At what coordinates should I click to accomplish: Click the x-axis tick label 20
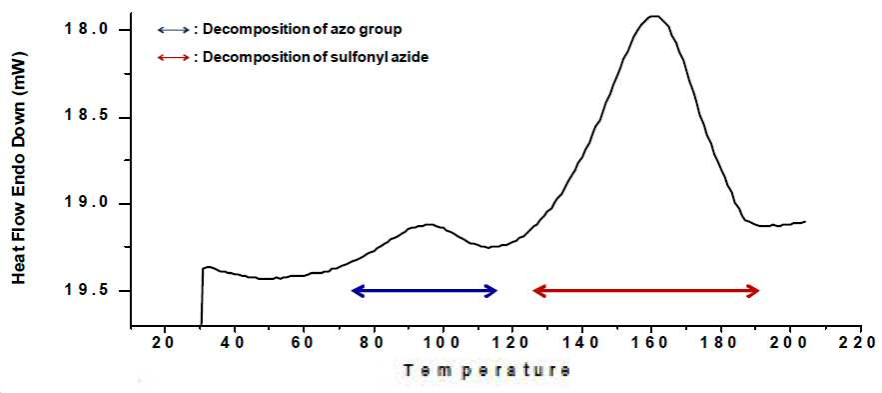pyautogui.click(x=165, y=342)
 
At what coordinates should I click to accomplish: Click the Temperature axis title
pyautogui.click(x=486, y=370)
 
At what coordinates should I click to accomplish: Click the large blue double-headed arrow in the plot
pyautogui.click(x=425, y=291)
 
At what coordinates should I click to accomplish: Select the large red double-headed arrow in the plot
pyautogui.click(x=646, y=291)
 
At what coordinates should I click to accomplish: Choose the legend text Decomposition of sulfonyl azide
pyautogui.click(x=316, y=57)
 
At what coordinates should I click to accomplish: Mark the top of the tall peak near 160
pyautogui.click(x=653, y=16)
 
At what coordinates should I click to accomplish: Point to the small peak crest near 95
pyautogui.click(x=430, y=225)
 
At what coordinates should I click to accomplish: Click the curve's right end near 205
pyautogui.click(x=805, y=221)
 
